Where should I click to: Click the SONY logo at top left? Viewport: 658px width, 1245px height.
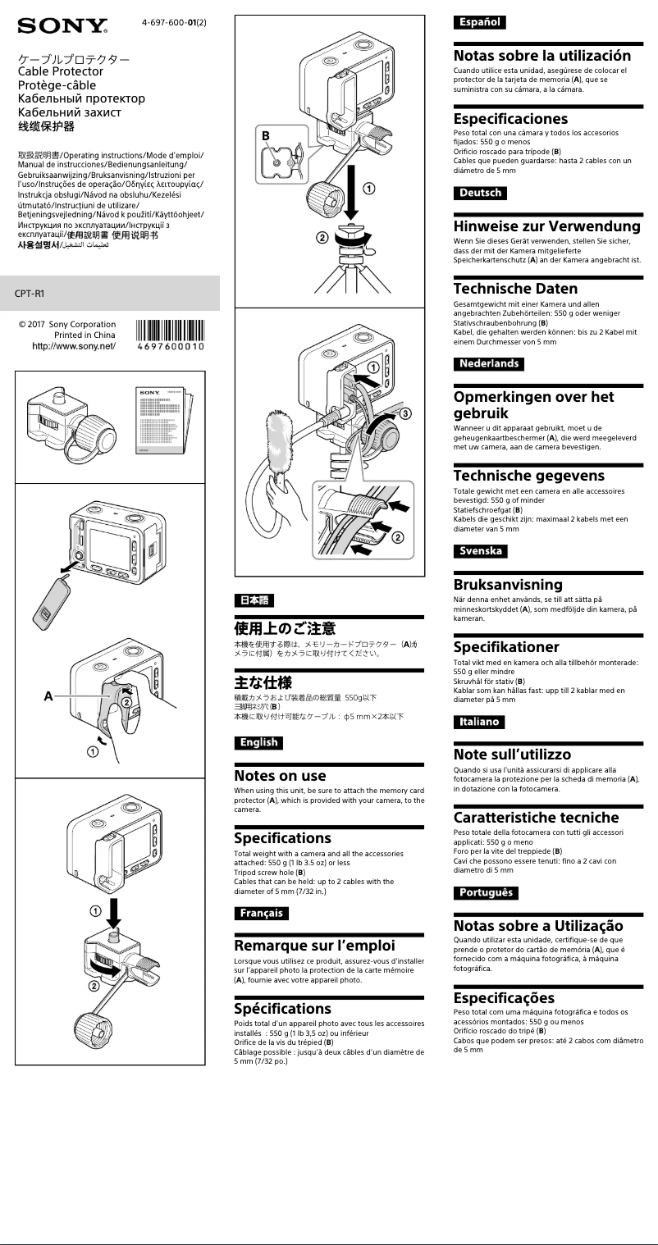click(x=62, y=26)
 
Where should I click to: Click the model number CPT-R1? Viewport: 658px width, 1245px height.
click(x=30, y=293)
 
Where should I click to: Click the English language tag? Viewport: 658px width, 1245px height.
click(x=258, y=743)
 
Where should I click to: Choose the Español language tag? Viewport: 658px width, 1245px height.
click(x=479, y=22)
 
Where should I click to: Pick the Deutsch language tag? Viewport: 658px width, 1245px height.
click(x=480, y=194)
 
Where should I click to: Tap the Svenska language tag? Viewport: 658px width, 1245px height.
click(x=481, y=551)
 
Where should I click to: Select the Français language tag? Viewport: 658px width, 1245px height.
click(x=262, y=913)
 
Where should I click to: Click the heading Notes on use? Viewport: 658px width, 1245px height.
click(x=281, y=776)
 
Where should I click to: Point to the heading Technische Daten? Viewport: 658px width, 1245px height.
click(x=515, y=289)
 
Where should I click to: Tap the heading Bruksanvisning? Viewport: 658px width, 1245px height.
click(x=508, y=585)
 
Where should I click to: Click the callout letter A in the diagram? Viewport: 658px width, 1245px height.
click(x=48, y=695)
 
